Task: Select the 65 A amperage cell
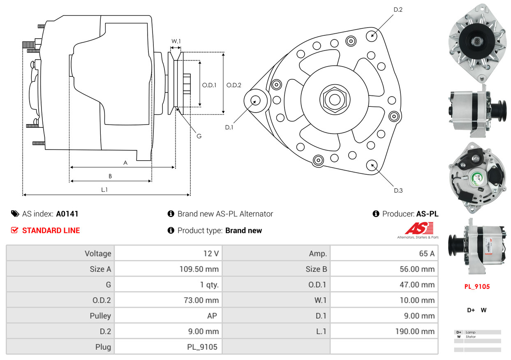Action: pyautogui.click(x=426, y=254)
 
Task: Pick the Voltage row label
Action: pyautogui.click(x=98, y=254)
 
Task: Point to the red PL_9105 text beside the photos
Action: pyautogui.click(x=477, y=287)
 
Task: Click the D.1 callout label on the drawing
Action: pyautogui.click(x=229, y=127)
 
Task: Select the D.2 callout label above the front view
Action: pyautogui.click(x=398, y=9)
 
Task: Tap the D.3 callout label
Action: pyautogui.click(x=398, y=190)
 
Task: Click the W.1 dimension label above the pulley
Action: pyautogui.click(x=176, y=41)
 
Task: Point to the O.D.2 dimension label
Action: pyautogui.click(x=234, y=85)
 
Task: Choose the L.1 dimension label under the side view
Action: pyautogui.click(x=104, y=189)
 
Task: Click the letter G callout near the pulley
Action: pyautogui.click(x=199, y=136)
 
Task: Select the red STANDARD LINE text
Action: pyautogui.click(x=51, y=231)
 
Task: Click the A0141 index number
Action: pyautogui.click(x=67, y=214)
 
